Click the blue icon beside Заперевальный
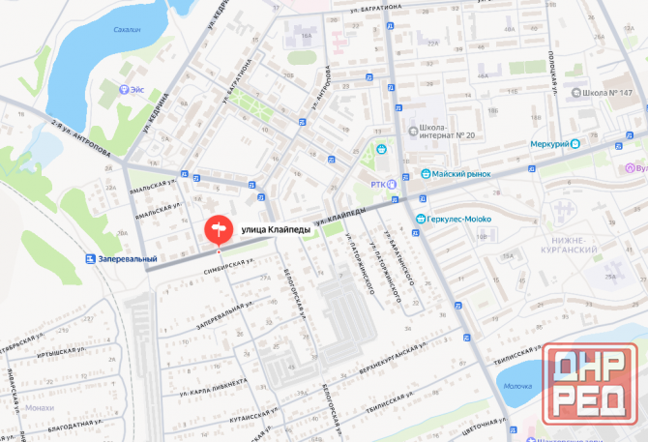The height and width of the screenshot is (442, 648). tap(91, 259)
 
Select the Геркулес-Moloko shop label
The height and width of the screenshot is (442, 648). tap(459, 219)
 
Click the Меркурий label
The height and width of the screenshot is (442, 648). tap(548, 144)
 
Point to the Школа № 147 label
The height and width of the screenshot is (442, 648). tap(607, 93)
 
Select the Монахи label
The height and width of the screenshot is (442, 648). tap(39, 407)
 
